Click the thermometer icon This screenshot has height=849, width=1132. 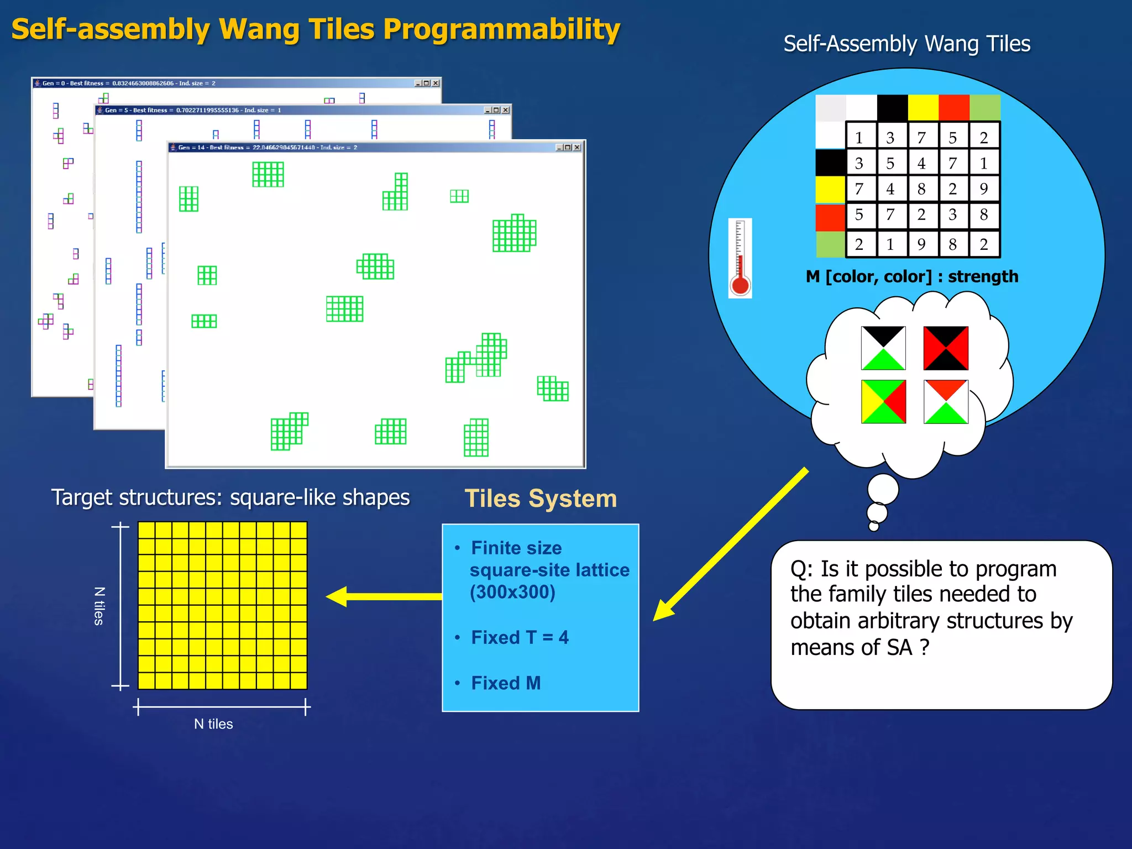[x=740, y=258]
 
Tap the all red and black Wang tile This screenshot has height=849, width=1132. [x=946, y=348]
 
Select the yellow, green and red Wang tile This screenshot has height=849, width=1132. [x=883, y=401]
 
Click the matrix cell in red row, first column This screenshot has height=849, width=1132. [x=860, y=215]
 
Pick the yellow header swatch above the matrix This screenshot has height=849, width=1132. [x=923, y=107]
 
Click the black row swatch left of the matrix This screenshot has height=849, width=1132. [x=830, y=163]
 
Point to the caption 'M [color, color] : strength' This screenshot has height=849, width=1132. [x=911, y=276]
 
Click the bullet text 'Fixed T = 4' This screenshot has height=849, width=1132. [x=520, y=637]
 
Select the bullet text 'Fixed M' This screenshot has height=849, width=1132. [x=506, y=683]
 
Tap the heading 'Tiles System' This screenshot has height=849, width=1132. [x=541, y=499]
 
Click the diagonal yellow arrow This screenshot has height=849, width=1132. [x=730, y=545]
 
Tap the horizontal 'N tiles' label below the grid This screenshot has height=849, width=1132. [x=213, y=724]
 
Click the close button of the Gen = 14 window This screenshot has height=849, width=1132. [x=577, y=148]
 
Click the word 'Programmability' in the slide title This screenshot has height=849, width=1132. [x=501, y=30]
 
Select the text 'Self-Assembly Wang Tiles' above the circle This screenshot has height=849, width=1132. [x=906, y=44]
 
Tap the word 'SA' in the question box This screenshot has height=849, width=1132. [x=899, y=647]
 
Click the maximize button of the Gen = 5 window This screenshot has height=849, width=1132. [x=496, y=110]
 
